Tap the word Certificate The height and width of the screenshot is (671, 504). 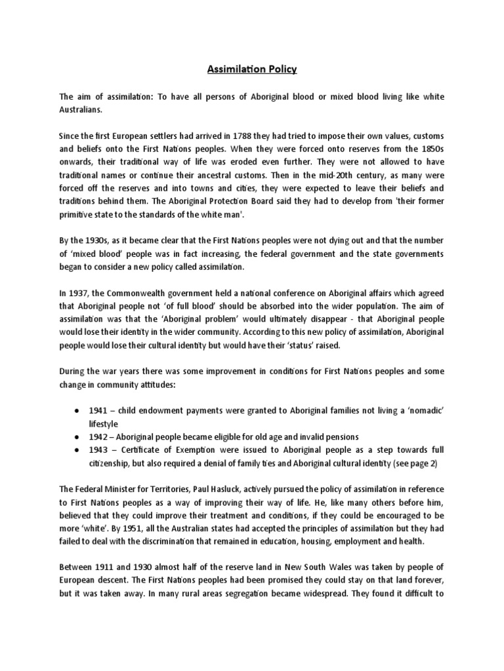click(139, 450)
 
